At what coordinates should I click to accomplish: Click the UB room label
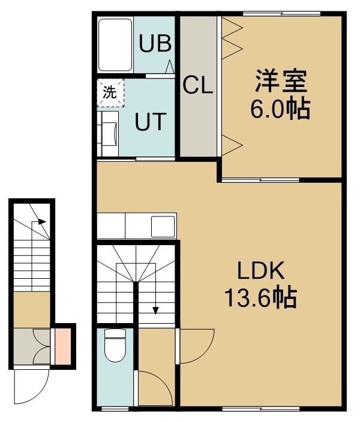click(155, 43)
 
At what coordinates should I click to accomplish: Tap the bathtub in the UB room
click(115, 45)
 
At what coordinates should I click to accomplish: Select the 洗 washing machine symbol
click(110, 92)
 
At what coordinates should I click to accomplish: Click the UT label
click(150, 122)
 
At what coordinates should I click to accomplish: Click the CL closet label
click(198, 85)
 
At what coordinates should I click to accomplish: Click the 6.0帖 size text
click(280, 109)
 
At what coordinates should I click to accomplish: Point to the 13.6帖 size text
click(260, 298)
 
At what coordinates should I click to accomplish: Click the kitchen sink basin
click(163, 227)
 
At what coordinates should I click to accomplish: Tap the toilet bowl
click(115, 346)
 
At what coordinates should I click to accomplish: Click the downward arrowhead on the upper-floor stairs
click(155, 311)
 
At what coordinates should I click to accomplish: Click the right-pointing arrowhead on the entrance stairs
click(42, 222)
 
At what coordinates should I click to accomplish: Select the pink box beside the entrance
click(63, 346)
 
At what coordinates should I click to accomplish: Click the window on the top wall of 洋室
click(281, 13)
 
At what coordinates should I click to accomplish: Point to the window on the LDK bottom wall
click(260, 409)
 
